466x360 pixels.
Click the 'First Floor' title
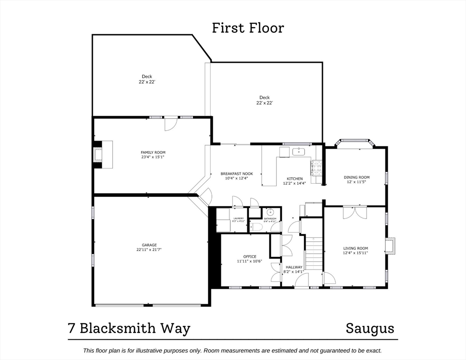[248, 28]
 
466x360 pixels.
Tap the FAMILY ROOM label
[153, 152]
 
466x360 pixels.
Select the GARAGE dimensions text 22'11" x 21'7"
[150, 250]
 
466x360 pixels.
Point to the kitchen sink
[298, 151]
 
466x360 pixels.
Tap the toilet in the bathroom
[256, 227]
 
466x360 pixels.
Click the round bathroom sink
[270, 212]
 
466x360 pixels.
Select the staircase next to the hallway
[314, 253]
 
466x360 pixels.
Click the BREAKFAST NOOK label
[237, 174]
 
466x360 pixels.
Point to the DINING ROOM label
[356, 177]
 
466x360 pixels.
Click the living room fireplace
[390, 246]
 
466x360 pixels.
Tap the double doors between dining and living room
[353, 212]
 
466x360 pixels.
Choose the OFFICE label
[249, 256]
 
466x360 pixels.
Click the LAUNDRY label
[239, 218]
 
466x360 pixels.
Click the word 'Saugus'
[370, 328]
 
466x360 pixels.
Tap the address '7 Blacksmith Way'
[129, 328]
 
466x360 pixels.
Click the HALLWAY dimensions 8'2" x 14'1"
[293, 272]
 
